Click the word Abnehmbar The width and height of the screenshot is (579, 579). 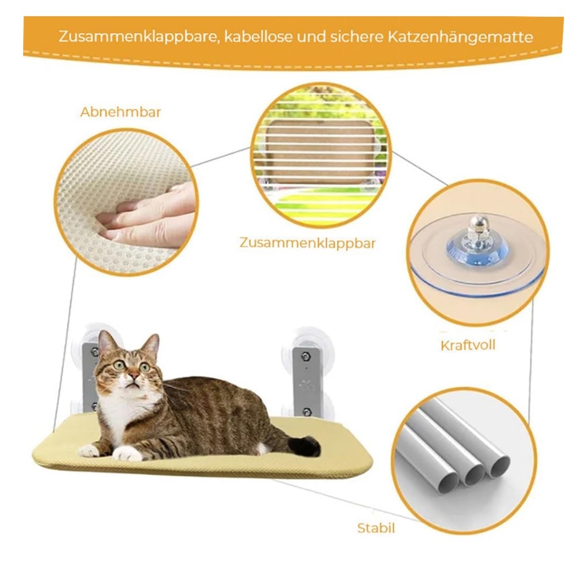120,112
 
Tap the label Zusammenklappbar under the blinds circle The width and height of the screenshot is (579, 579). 307,243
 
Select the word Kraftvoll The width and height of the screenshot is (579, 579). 468,345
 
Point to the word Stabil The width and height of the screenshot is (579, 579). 376,527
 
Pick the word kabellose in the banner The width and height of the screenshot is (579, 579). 258,37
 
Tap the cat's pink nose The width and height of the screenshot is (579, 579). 134,375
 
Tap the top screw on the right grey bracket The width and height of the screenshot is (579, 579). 305,356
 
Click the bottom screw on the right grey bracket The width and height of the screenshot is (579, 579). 306,412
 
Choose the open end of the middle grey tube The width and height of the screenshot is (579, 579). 474,475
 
